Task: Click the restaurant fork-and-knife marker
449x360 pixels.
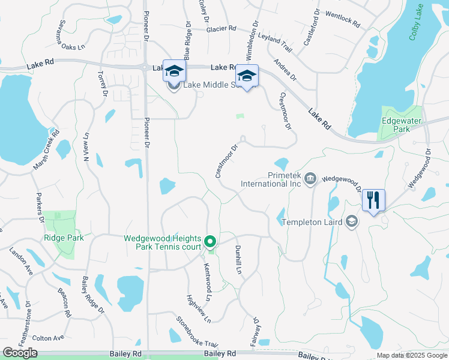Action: click(373, 201)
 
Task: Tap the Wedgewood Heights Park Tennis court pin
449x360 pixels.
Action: click(210, 242)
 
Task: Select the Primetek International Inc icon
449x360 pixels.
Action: click(310, 178)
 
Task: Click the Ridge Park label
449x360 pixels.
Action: click(63, 238)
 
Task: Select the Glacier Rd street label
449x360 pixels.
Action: click(221, 28)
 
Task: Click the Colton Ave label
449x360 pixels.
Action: click(48, 338)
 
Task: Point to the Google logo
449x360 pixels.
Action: click(20, 353)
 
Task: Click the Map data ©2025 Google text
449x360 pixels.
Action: click(412, 355)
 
